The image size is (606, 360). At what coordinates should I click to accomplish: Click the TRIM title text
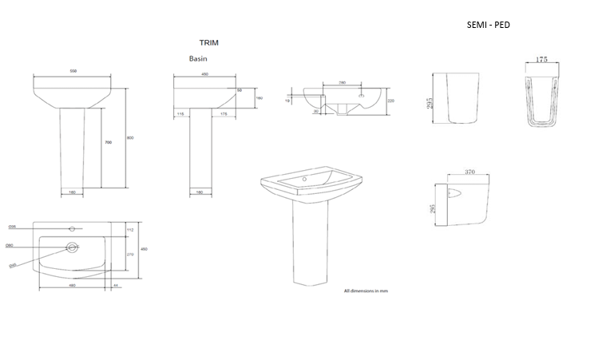pyautogui.click(x=208, y=42)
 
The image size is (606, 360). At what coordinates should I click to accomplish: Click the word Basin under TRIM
pyautogui.click(x=199, y=58)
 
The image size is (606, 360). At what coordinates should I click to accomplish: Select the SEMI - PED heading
pyautogui.click(x=488, y=25)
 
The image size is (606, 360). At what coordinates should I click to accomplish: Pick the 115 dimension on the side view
pyautogui.click(x=181, y=115)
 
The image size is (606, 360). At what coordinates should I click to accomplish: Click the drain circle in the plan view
pyautogui.click(x=72, y=247)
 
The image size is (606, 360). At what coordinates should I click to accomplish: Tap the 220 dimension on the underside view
pyautogui.click(x=391, y=101)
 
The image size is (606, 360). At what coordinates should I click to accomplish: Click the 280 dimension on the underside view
pyautogui.click(x=342, y=82)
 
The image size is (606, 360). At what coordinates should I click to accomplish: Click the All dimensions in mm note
pyautogui.click(x=366, y=291)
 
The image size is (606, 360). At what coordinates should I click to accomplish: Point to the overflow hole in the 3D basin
pyautogui.click(x=305, y=180)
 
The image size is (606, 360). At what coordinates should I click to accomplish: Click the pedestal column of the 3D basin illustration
pyautogui.click(x=307, y=247)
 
